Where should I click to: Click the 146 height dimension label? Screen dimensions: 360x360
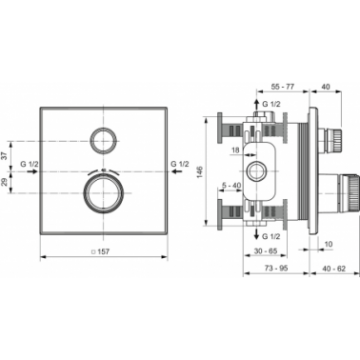click(200, 171)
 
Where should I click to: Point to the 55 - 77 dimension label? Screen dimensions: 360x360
click(283, 86)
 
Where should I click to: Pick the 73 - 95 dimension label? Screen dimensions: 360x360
click(275, 269)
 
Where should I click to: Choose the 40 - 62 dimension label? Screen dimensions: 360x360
click(333, 269)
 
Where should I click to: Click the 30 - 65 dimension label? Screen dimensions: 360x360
click(266, 251)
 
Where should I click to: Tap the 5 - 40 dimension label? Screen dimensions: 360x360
click(231, 185)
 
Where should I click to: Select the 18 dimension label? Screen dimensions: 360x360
click(235, 150)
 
